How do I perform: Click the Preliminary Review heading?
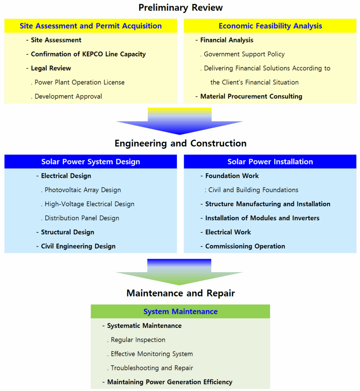coord(180,8)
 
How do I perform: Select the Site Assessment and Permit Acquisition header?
coord(91,26)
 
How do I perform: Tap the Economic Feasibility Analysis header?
coord(270,26)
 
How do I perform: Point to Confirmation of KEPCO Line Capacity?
coord(88,54)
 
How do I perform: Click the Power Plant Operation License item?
coord(79,82)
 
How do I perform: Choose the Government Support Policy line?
coord(244,54)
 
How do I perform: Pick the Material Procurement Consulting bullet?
coord(251,96)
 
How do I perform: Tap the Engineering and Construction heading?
coord(180,143)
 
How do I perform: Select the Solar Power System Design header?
coord(91,162)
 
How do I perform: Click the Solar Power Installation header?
coord(270,162)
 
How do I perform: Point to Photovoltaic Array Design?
coord(82,190)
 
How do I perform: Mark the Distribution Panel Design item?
coord(82,218)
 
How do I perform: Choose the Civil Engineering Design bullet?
coord(78,246)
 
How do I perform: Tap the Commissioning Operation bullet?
coord(245,246)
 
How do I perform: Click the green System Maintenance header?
coord(180,312)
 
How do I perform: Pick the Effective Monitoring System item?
coord(152,354)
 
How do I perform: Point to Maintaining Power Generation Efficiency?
coord(170,382)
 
